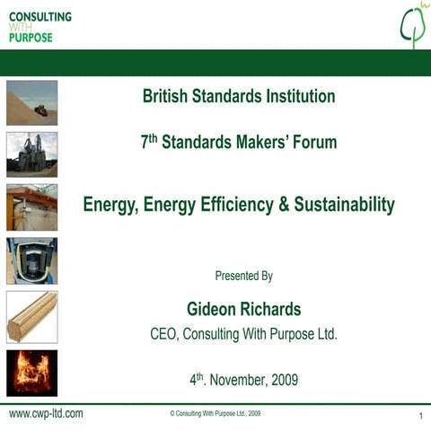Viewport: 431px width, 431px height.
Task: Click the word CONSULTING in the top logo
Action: tap(40, 17)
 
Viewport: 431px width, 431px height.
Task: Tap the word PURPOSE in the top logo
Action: tap(31, 38)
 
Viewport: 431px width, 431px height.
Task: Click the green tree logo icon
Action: tap(412, 25)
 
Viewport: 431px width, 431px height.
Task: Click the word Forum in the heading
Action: tap(315, 141)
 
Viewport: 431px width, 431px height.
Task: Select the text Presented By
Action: tap(243, 276)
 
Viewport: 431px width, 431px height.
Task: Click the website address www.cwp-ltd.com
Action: tap(46, 414)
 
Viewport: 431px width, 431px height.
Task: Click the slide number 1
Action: tap(420, 417)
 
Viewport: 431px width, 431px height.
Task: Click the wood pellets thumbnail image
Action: tap(31, 316)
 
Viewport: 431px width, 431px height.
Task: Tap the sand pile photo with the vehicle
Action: tap(31, 102)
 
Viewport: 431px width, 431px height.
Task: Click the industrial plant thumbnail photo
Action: tap(31, 154)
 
